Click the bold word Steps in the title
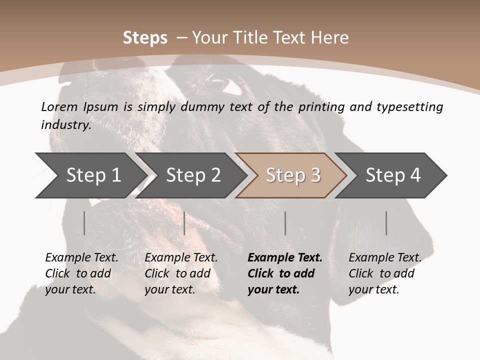(145, 38)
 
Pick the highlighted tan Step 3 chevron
(293, 175)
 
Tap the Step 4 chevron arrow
(393, 175)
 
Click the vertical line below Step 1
(84, 223)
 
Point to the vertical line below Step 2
(184, 223)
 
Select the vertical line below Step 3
(285, 223)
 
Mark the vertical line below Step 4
(386, 223)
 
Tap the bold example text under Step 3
(284, 273)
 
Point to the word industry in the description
(66, 125)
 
